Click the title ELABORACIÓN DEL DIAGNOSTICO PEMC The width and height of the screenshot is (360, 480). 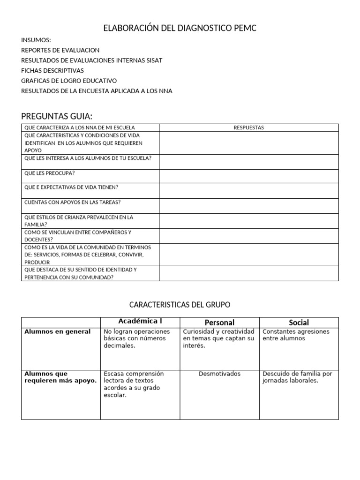[x=180, y=29]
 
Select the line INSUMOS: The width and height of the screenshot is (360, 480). [x=36, y=40]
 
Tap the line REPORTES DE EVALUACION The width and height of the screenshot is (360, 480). [x=60, y=50]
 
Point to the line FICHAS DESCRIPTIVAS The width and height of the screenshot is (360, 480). [x=52, y=70]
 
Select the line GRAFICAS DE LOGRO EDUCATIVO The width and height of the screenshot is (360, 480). [x=69, y=81]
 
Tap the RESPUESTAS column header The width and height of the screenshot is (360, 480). [x=248, y=127]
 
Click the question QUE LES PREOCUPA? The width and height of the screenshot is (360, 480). [x=50, y=173]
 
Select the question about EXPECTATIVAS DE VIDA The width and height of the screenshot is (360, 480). [x=71, y=187]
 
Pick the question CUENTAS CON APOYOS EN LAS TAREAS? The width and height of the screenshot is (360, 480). [x=72, y=202]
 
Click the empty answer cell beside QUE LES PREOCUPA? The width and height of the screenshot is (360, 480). [x=248, y=176]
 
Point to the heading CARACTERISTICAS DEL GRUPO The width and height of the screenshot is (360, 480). [x=180, y=305]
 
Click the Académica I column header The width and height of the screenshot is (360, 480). [x=140, y=322]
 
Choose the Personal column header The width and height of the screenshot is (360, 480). [x=219, y=322]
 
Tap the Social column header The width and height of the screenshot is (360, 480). [x=299, y=322]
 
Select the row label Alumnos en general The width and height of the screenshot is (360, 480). [x=57, y=332]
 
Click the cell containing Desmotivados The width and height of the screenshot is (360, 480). [x=219, y=374]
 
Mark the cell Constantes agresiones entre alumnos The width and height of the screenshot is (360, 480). [x=296, y=335]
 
